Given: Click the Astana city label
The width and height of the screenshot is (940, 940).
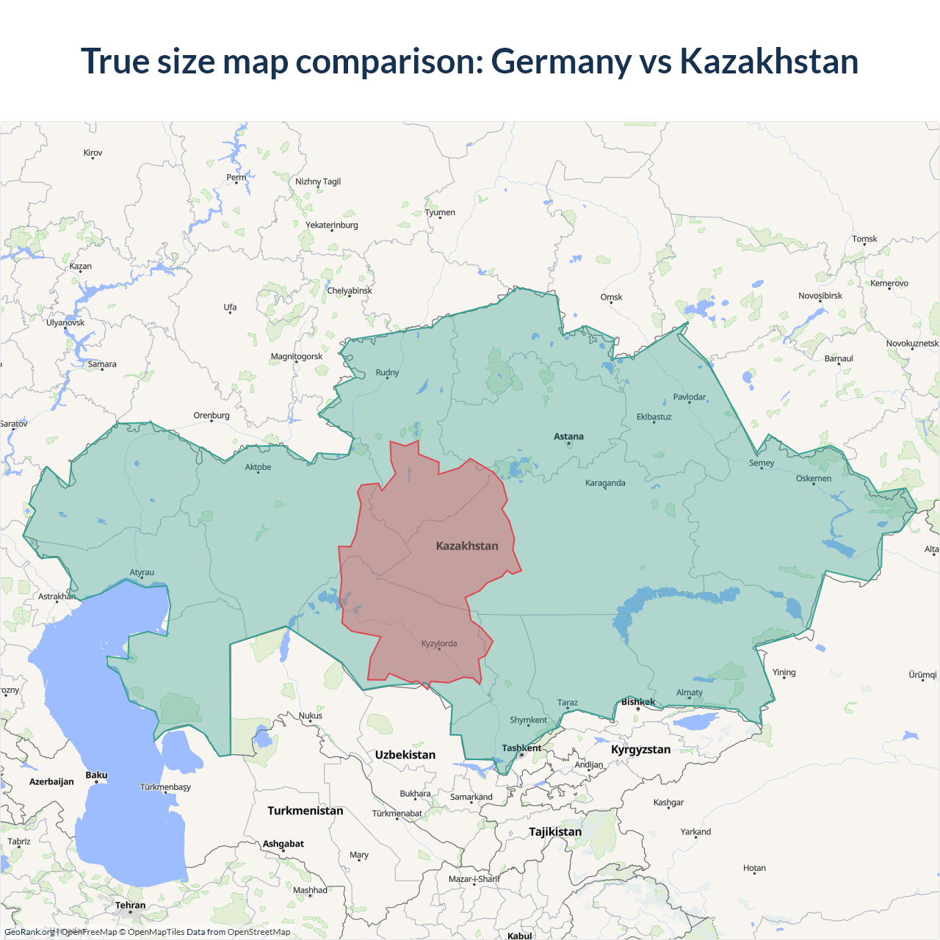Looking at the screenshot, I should click(x=568, y=436).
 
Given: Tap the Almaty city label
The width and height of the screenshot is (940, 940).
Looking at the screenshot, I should click(x=689, y=693).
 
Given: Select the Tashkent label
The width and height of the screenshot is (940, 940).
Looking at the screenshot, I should click(x=521, y=748).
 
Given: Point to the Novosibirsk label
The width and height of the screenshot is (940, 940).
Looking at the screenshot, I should click(x=820, y=296).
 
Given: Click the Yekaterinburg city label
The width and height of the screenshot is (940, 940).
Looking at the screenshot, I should click(x=332, y=225).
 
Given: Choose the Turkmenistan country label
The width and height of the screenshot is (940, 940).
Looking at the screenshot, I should click(x=305, y=811).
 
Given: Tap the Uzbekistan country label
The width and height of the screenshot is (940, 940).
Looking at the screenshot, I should click(x=405, y=755).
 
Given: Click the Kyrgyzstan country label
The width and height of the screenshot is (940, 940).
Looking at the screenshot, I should click(x=640, y=750).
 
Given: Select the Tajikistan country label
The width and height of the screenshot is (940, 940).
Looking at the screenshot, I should click(x=555, y=832).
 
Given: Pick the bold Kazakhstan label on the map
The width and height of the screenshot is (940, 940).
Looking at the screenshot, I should click(x=467, y=546).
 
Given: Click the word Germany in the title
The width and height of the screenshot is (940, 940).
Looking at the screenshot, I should click(x=561, y=61).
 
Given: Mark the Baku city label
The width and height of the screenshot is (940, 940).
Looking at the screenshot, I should click(x=96, y=775).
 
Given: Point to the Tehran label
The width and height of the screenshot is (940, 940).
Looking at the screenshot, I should click(x=131, y=905).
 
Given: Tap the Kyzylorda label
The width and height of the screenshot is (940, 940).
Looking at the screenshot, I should click(x=439, y=644).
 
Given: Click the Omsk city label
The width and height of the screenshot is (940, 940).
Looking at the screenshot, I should click(x=611, y=297).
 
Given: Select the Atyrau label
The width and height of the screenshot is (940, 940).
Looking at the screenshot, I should click(x=142, y=573).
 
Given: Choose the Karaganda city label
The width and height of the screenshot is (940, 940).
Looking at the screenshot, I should click(x=605, y=483).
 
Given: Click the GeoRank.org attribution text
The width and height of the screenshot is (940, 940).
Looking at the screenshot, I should click(x=29, y=932).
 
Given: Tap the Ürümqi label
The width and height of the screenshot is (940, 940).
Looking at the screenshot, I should click(x=922, y=675).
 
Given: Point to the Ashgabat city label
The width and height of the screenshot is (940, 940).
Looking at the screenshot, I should click(x=283, y=844).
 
